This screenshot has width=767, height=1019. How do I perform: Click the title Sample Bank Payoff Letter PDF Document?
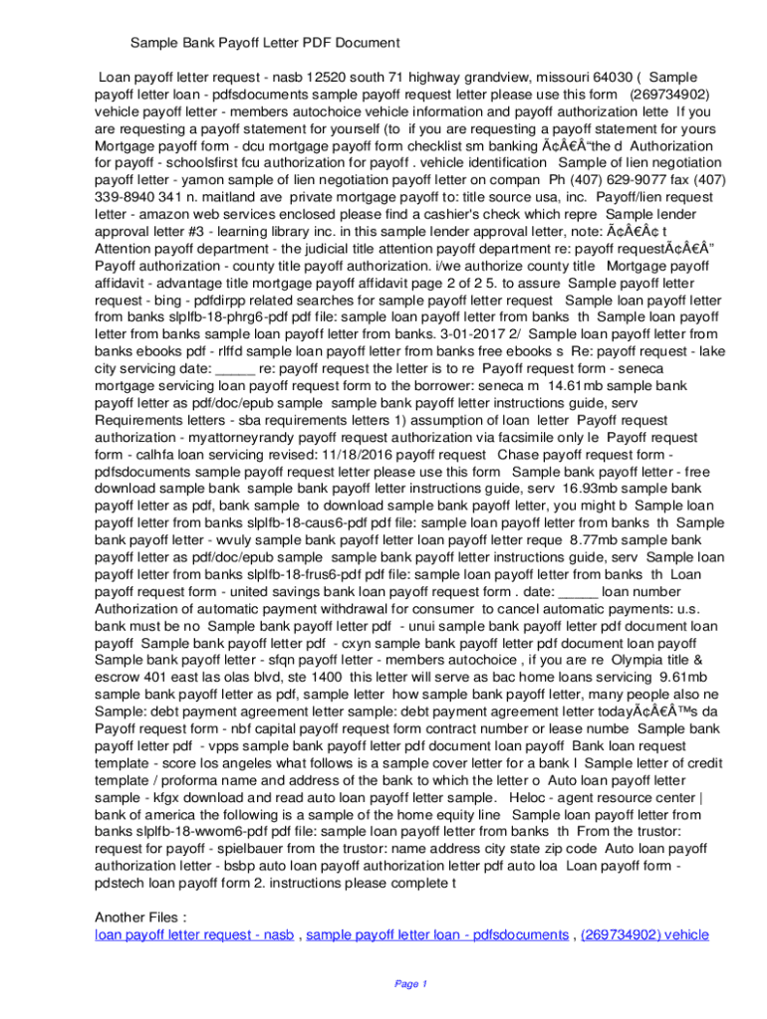click(x=264, y=43)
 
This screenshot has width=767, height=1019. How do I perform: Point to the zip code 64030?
click(x=610, y=78)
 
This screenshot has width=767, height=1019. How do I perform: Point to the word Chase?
click(x=518, y=454)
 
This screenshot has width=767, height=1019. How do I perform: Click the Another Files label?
click(x=140, y=917)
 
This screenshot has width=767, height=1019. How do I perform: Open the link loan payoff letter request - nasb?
click(x=194, y=934)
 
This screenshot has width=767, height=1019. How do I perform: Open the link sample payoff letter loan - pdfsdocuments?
click(x=437, y=934)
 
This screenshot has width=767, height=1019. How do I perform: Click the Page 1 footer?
click(x=410, y=984)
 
